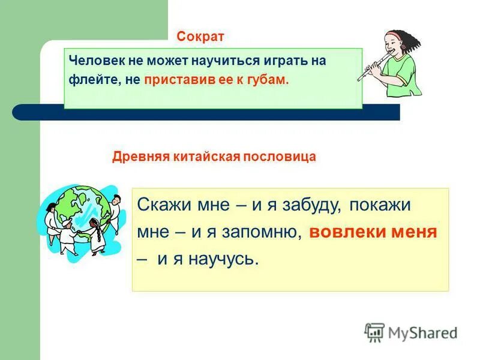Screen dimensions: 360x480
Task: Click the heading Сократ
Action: click(x=200, y=37)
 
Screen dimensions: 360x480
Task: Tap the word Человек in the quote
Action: click(x=92, y=61)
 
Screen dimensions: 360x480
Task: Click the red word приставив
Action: click(x=172, y=80)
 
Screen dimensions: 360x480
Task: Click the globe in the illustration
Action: click(x=84, y=210)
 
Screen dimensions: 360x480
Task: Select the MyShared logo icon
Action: click(x=374, y=332)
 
